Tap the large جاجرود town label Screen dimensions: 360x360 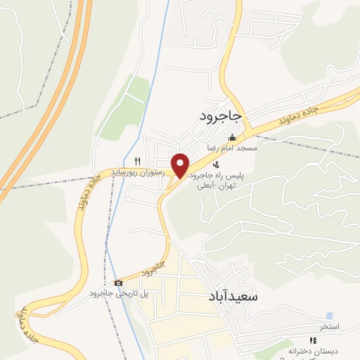pos(220,115)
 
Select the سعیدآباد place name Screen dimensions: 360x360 pos(233,297)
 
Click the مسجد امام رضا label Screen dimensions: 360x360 pos(231,148)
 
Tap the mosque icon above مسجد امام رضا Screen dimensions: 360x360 pos(232,138)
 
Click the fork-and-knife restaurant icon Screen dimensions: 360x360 pos(139,160)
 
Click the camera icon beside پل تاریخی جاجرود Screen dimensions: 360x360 pos(118,283)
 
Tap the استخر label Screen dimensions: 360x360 pos(329,327)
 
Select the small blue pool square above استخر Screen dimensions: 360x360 pos(330,316)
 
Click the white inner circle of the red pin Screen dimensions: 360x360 pos(181,162)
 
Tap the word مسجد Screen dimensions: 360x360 pos(248,148)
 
